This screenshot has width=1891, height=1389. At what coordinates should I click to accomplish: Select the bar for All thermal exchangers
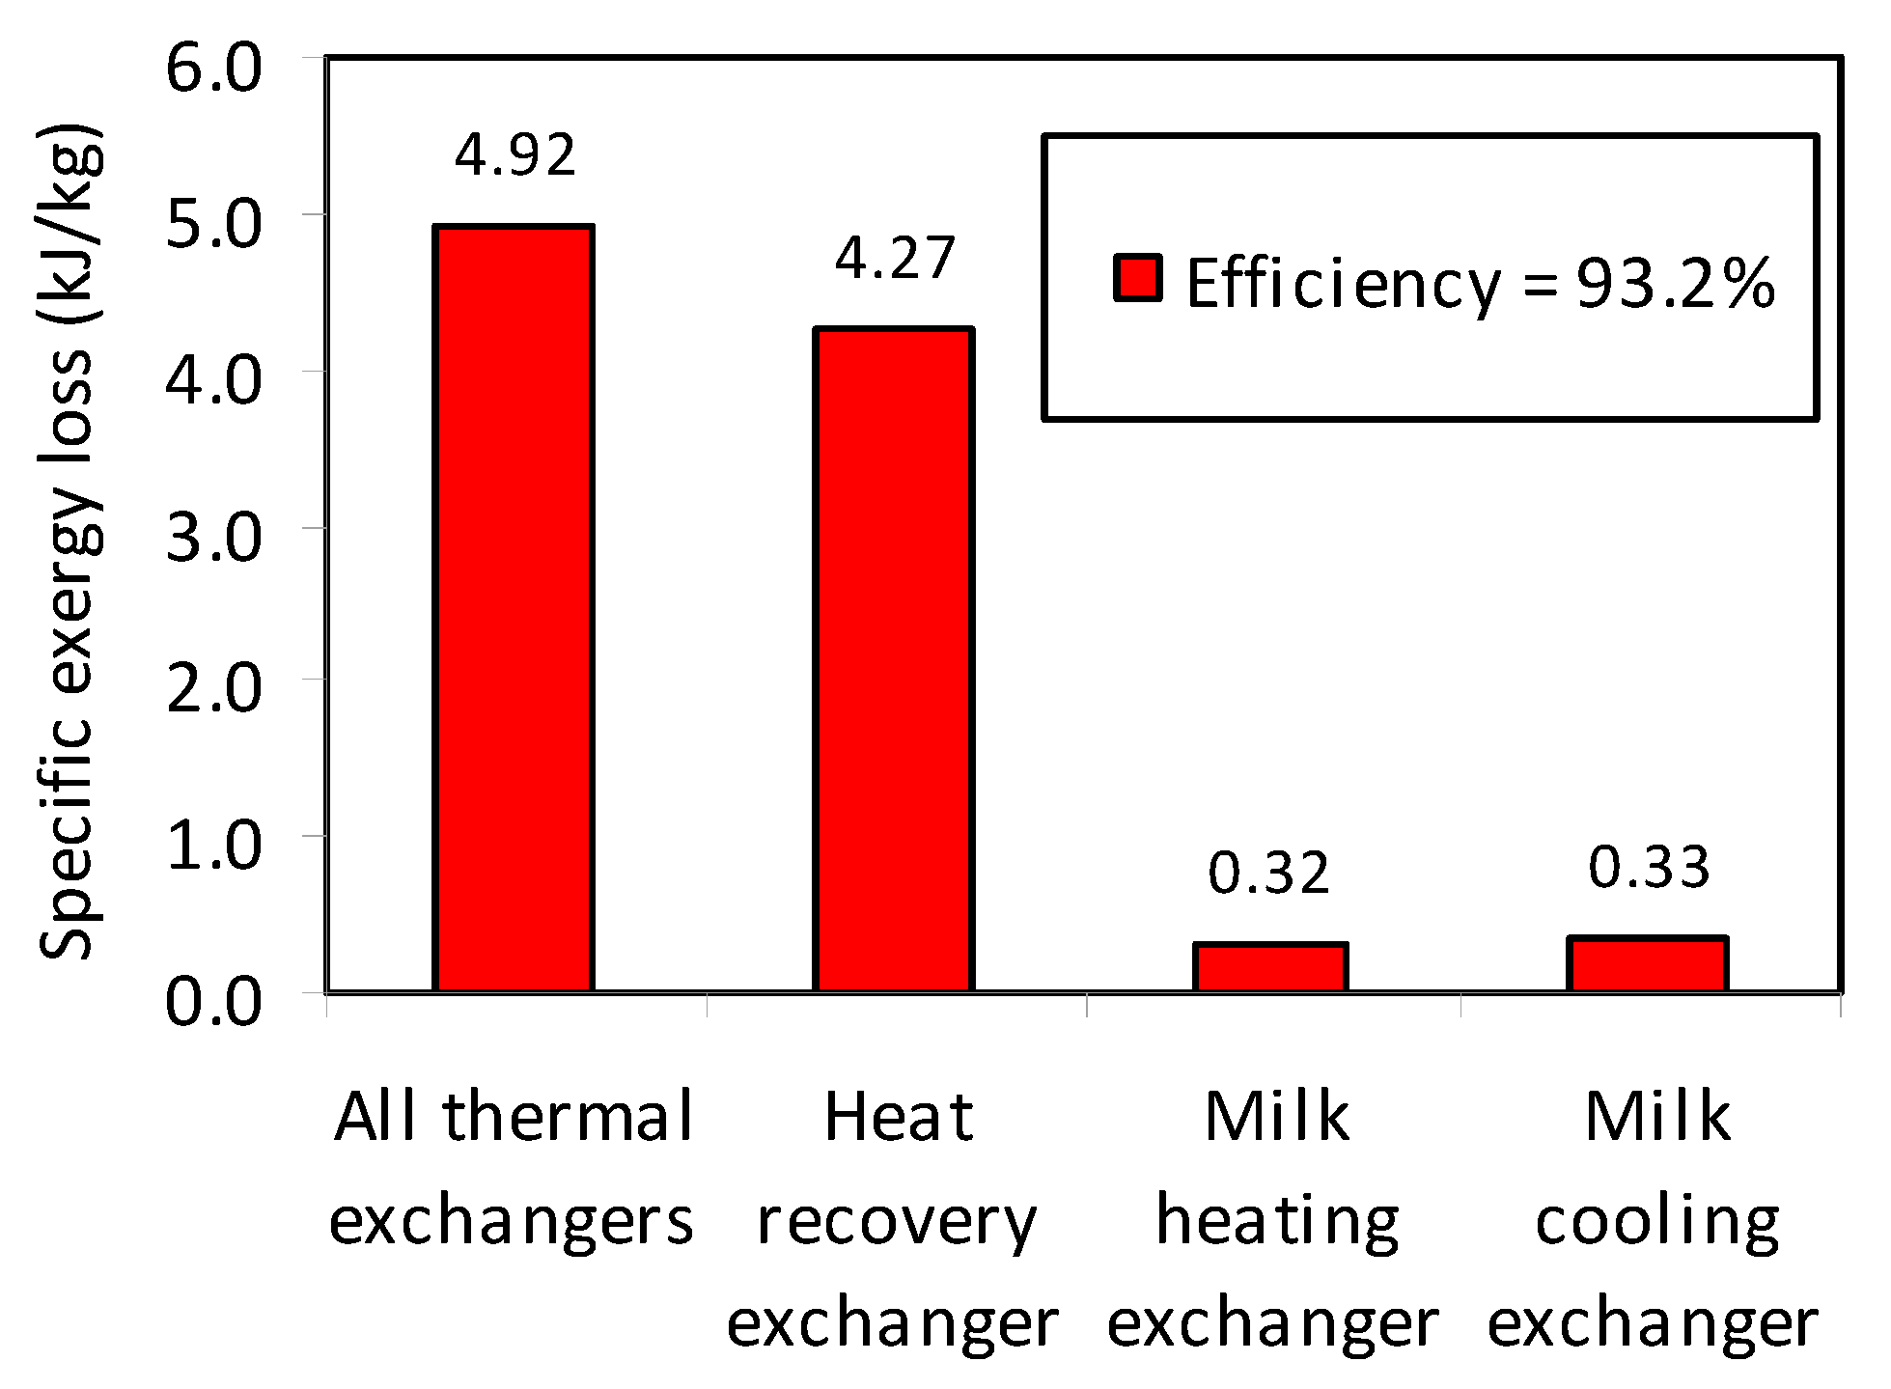point(514,608)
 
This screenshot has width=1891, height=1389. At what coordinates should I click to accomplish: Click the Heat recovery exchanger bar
point(894,659)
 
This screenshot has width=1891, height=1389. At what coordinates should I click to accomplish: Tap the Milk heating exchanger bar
point(1270,967)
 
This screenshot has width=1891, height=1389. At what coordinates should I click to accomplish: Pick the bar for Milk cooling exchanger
point(1648,964)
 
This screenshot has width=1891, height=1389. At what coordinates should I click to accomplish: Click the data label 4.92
point(515,154)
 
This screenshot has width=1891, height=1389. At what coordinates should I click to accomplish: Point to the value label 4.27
point(895,258)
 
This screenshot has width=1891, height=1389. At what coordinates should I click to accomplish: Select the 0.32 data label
point(1268,873)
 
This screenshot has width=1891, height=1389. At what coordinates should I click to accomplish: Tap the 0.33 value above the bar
point(1649,866)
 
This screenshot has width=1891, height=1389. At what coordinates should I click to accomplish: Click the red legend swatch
point(1138,278)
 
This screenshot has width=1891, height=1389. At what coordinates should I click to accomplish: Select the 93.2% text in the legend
point(1676,284)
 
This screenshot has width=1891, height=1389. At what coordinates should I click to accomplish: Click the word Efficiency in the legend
point(1343,284)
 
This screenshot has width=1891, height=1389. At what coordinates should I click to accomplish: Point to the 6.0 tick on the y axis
point(213,69)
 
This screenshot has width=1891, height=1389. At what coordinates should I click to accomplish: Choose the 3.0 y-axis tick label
point(213,537)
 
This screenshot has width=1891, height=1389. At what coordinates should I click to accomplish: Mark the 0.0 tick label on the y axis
point(213,1001)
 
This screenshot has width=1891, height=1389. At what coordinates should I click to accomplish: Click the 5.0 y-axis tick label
point(213,224)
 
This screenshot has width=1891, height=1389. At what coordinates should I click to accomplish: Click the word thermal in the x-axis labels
point(568,1117)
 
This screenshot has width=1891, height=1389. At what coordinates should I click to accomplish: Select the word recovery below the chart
point(896,1221)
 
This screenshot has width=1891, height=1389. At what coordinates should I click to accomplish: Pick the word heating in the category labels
point(1276,1221)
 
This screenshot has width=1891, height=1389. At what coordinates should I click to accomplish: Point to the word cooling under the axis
point(1656,1221)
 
